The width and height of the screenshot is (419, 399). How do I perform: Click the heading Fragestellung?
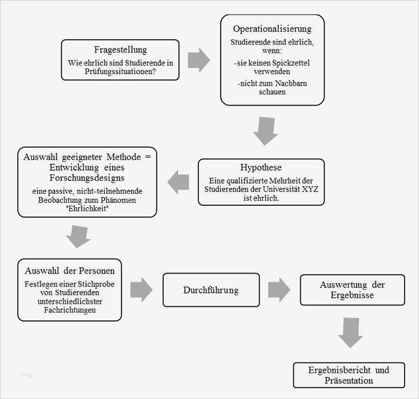click(x=120, y=50)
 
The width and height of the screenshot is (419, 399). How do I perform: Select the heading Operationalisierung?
click(x=272, y=29)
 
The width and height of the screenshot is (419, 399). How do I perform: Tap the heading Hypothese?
click(x=261, y=167)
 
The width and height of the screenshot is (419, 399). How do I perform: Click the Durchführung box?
click(x=211, y=290)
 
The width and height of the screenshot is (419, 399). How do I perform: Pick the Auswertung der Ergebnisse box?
click(x=352, y=290)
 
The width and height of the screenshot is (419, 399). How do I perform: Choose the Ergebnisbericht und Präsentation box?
click(x=349, y=375)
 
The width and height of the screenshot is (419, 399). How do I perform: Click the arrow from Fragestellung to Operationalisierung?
click(x=199, y=60)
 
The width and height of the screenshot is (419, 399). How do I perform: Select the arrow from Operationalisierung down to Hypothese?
click(x=265, y=131)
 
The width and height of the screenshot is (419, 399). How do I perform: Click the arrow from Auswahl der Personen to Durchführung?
click(x=141, y=290)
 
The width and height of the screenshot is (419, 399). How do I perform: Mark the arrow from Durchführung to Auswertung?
click(x=279, y=290)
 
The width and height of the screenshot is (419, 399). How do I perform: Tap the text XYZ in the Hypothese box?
click(x=303, y=189)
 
